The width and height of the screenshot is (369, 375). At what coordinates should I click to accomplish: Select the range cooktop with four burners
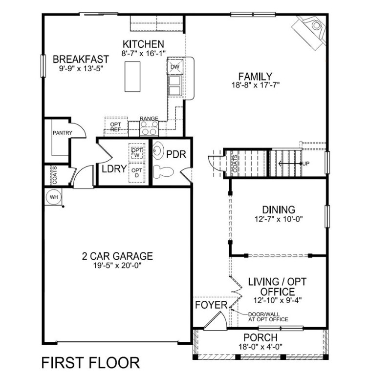(149, 128)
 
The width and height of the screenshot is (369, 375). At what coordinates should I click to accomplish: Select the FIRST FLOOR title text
(90, 362)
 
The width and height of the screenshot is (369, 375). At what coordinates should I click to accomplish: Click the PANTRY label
(63, 133)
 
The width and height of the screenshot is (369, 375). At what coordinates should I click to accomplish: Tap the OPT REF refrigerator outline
(116, 126)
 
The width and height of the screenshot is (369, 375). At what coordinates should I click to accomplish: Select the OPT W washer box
(136, 152)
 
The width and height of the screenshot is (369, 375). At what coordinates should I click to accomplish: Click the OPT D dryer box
(136, 172)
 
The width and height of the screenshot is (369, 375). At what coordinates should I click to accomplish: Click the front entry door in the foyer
(214, 319)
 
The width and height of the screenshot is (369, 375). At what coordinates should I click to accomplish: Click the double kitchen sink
(174, 85)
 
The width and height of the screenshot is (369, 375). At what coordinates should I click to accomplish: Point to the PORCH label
(260, 338)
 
